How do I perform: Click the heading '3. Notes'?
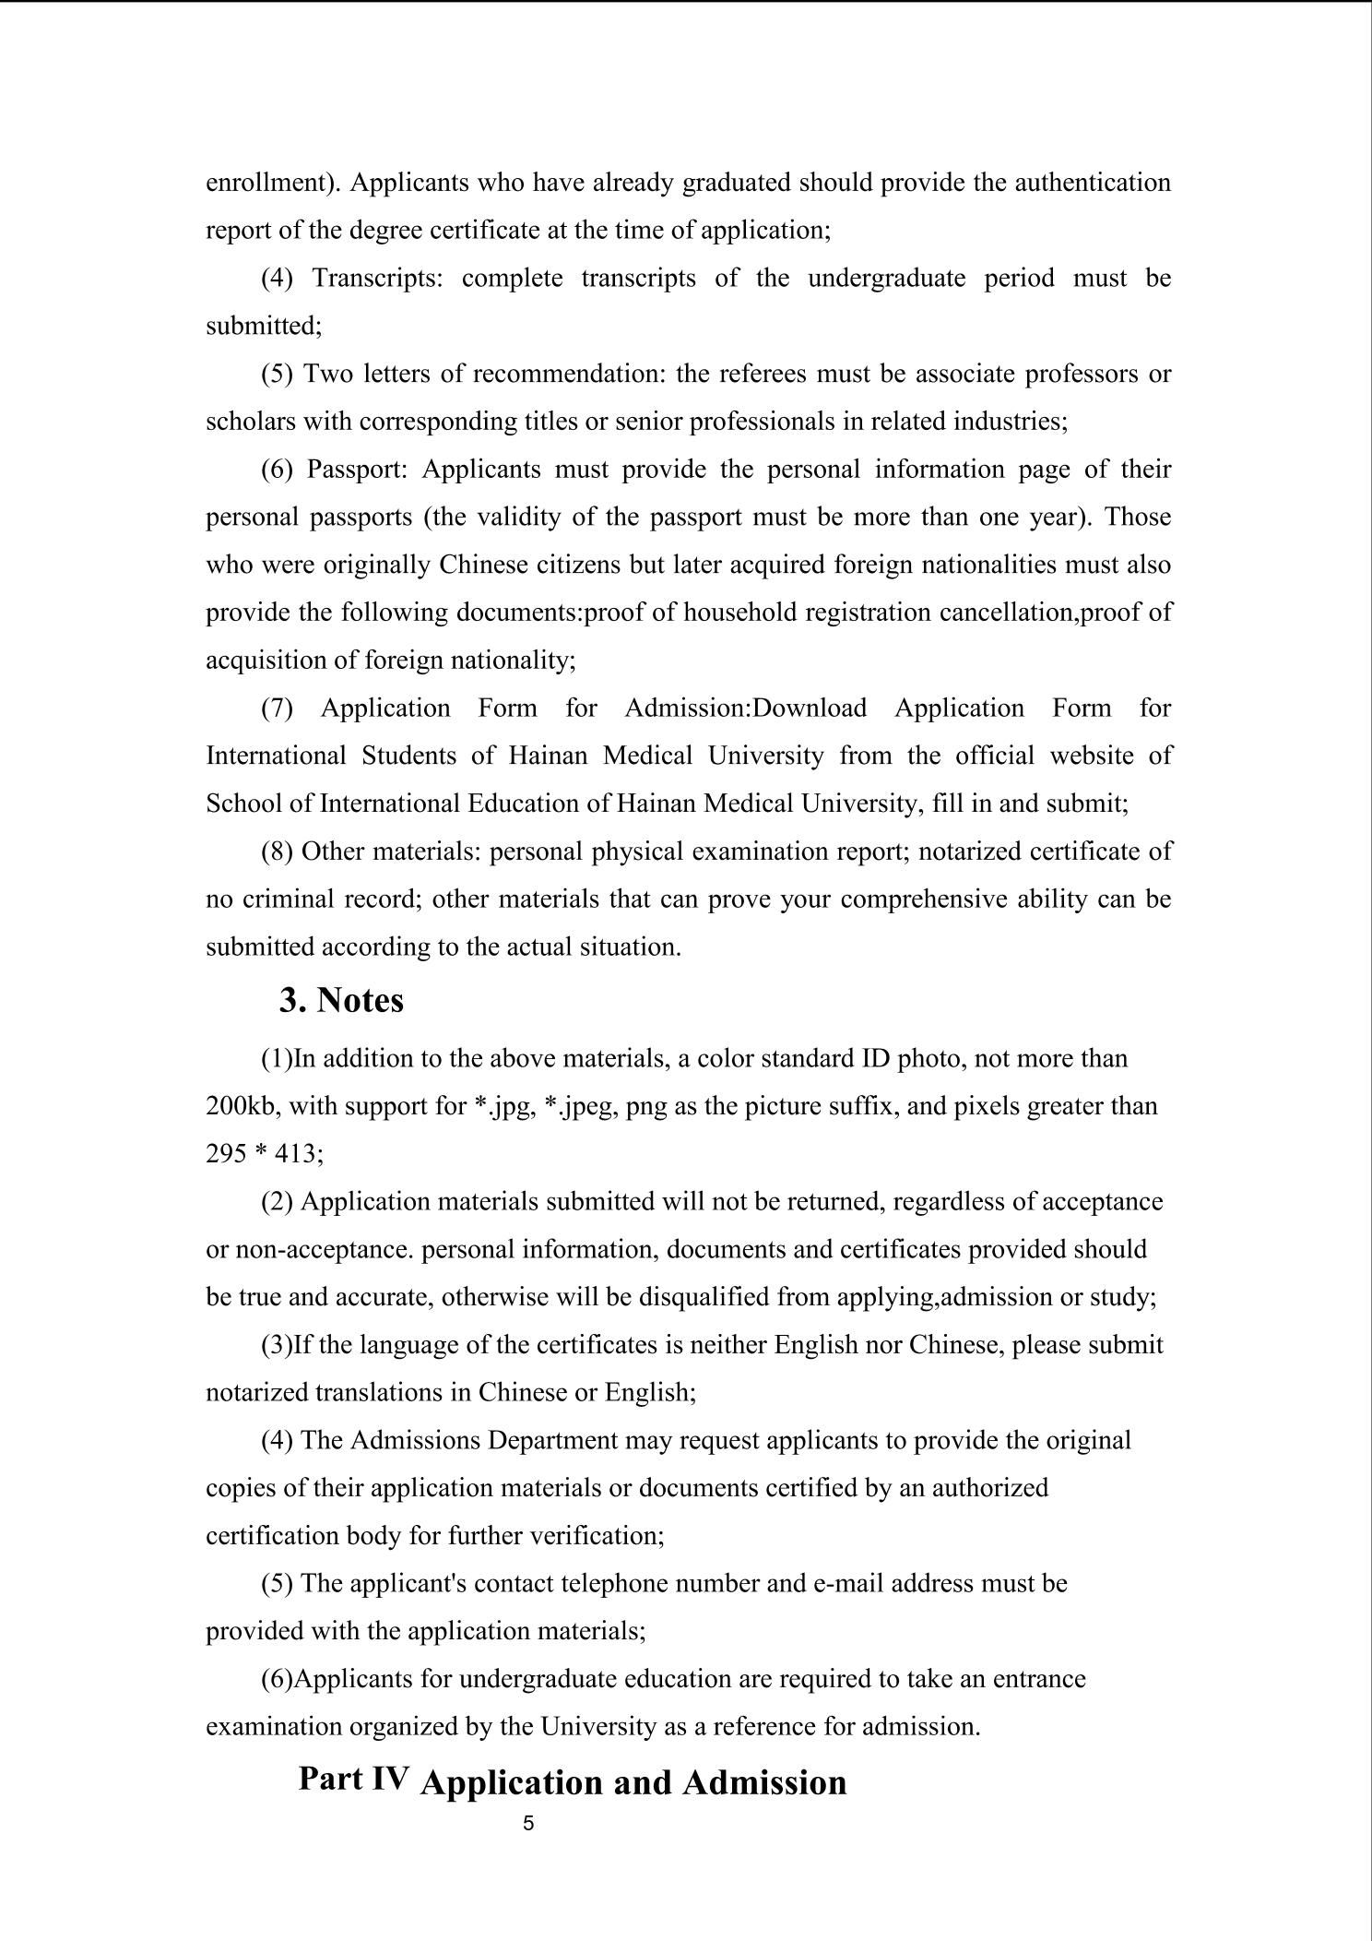point(341,1001)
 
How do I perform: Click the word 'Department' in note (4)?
point(549,1440)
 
